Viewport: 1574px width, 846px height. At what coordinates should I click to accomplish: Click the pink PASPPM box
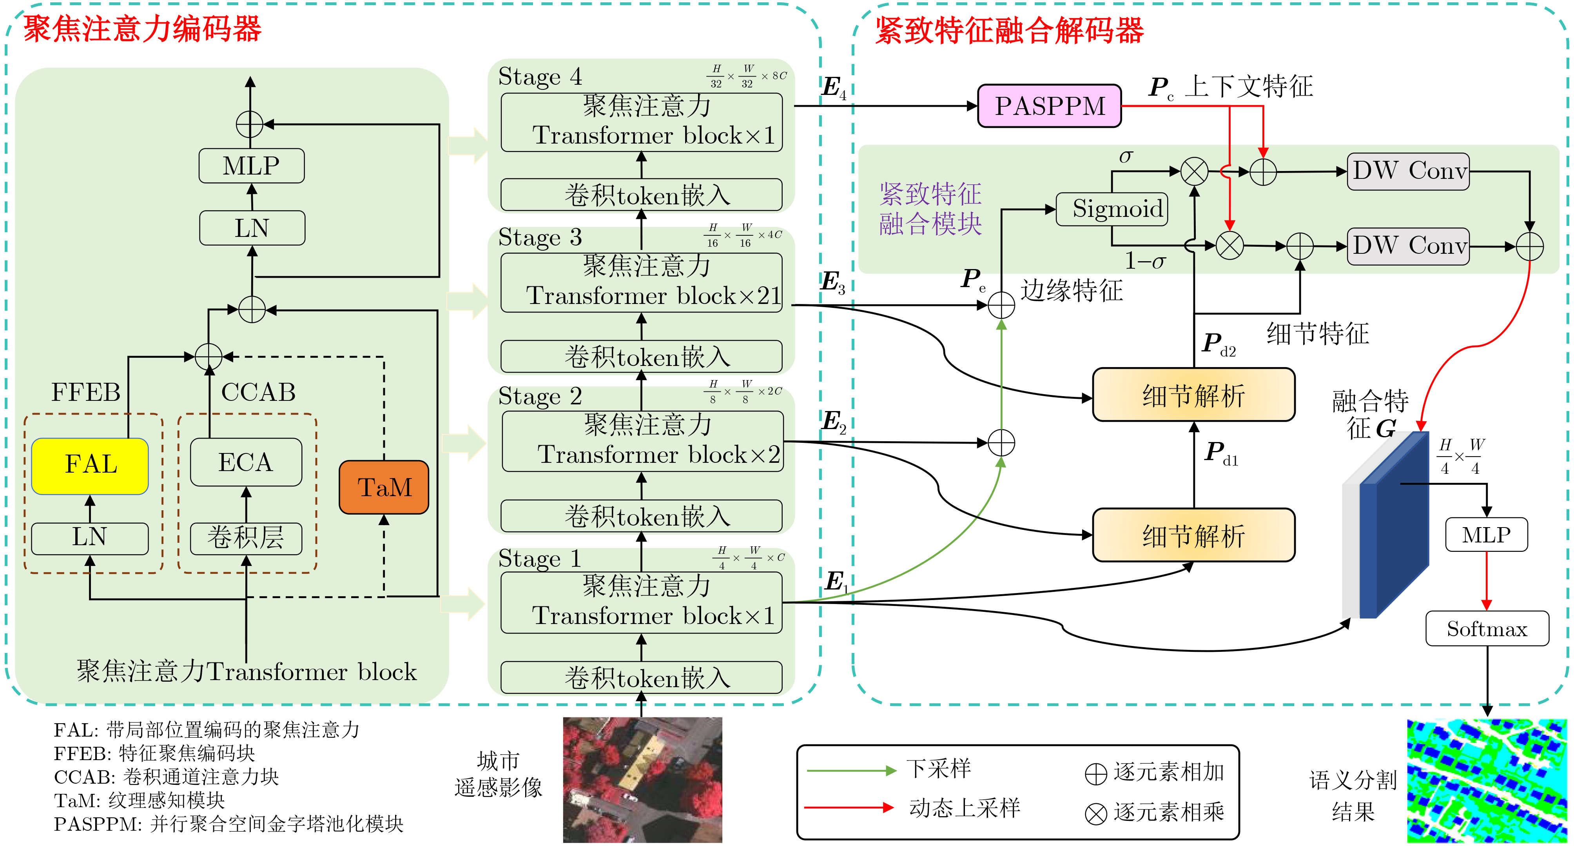1049,106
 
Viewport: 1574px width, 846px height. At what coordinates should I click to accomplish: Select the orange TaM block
384,487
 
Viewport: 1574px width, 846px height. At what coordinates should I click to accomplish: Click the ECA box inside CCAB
246,462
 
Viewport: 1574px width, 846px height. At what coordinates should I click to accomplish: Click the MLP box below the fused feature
1486,535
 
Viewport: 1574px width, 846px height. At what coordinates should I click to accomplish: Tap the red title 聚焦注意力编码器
142,29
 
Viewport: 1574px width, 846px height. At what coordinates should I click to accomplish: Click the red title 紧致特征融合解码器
1009,31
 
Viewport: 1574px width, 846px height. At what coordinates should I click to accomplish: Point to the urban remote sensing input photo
642,780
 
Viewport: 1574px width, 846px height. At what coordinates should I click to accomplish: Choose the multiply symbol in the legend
1095,813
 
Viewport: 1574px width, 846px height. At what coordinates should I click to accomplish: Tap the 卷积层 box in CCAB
246,538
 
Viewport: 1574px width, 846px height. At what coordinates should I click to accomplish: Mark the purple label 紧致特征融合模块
930,209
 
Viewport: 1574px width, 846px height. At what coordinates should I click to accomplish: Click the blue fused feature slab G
1396,526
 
